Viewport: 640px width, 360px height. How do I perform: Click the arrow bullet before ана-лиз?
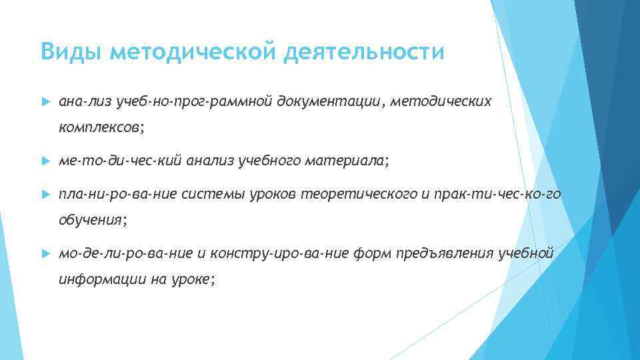click(45, 102)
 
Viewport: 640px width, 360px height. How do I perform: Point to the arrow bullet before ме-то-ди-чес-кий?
click(45, 161)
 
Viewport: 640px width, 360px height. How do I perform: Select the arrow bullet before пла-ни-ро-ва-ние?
click(45, 194)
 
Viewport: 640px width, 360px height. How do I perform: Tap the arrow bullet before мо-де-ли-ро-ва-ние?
click(45, 254)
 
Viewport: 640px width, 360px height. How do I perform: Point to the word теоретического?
click(358, 194)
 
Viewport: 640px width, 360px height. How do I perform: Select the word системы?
click(219, 194)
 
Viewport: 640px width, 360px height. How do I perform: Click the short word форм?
click(377, 254)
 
